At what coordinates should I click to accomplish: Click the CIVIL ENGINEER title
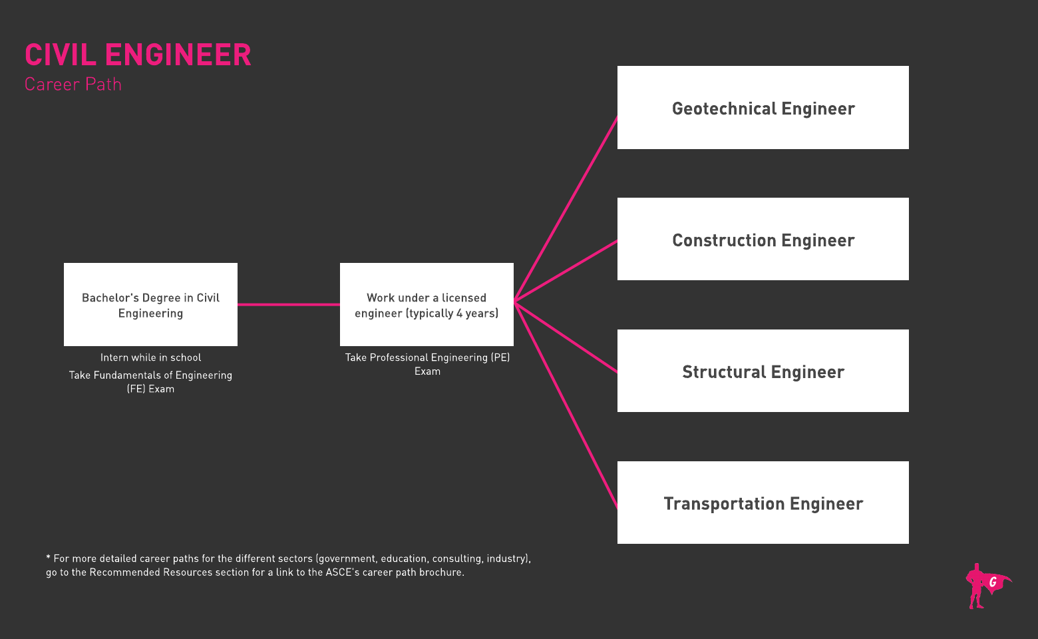tap(138, 55)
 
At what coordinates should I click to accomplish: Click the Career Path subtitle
tap(73, 85)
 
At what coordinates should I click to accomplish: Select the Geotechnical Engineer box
tap(763, 108)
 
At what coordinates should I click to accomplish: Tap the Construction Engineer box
tap(763, 239)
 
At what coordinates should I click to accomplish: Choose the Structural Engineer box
tap(763, 371)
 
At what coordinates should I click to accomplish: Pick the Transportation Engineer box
tap(763, 502)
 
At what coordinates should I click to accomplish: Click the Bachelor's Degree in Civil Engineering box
tap(150, 304)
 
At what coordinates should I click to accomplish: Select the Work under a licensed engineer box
tap(427, 304)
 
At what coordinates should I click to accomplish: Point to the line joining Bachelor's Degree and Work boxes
tap(289, 305)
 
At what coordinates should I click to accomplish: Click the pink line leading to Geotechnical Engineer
tap(566, 209)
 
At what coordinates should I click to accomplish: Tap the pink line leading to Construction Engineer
tap(566, 272)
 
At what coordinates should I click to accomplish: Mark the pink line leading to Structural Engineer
tap(566, 337)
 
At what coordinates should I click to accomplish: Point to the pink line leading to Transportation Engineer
tap(566, 405)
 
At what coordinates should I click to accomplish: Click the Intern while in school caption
tap(150, 357)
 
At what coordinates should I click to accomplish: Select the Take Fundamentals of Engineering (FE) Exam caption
tap(150, 382)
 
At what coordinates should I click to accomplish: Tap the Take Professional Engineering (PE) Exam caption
tap(427, 365)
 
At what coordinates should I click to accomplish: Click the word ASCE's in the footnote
tap(343, 572)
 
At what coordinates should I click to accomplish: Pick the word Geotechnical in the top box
tap(725, 108)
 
